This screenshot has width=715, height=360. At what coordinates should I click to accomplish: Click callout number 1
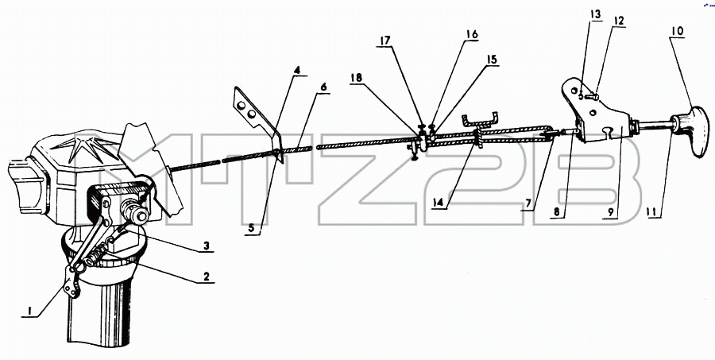pos(29,311)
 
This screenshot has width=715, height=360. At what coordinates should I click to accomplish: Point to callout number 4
pos(297,70)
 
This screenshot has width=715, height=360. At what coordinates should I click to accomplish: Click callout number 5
pos(251,227)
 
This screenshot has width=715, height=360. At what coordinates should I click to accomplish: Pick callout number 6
pos(323,87)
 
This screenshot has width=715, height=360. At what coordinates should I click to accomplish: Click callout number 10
pos(677,32)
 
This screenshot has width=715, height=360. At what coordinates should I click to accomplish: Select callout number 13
pos(596,14)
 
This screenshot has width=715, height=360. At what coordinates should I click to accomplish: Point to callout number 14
pos(439,202)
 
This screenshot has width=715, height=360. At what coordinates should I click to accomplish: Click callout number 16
pos(472,34)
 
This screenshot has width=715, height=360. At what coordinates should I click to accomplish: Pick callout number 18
pos(356,78)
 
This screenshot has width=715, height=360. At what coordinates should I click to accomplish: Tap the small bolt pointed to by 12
pos(593,97)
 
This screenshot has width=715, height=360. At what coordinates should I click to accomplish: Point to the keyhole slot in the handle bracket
pos(606,133)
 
